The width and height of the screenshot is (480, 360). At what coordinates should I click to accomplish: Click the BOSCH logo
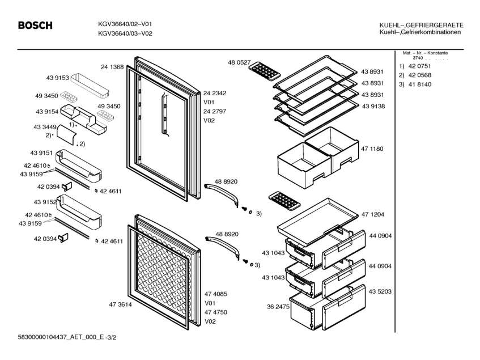coord(35,26)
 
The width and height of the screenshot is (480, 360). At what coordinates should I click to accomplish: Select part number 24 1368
coord(112,67)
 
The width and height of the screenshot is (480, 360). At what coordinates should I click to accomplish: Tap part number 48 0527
coord(239,62)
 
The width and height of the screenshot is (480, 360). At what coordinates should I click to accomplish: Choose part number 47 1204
coord(373,214)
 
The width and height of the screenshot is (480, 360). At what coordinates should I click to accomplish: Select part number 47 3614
coord(120,304)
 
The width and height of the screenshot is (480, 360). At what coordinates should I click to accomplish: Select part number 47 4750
coord(215,312)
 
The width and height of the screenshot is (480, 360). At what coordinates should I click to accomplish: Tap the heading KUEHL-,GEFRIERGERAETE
coord(420,26)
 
